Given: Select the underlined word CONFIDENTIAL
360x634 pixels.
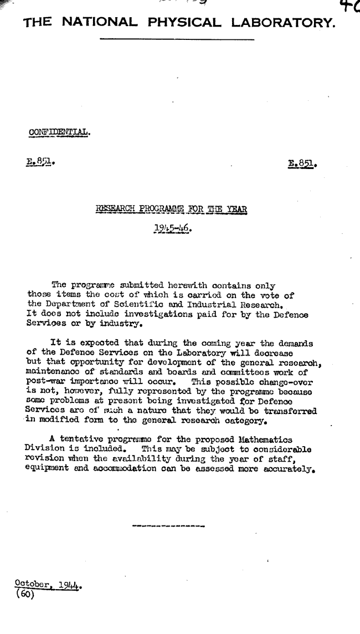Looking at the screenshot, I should (x=59, y=132).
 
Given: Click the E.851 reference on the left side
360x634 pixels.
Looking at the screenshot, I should (x=40, y=163).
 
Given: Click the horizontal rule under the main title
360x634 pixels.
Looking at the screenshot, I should (x=177, y=39).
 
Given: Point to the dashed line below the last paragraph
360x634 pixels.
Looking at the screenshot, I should (x=168, y=525).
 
